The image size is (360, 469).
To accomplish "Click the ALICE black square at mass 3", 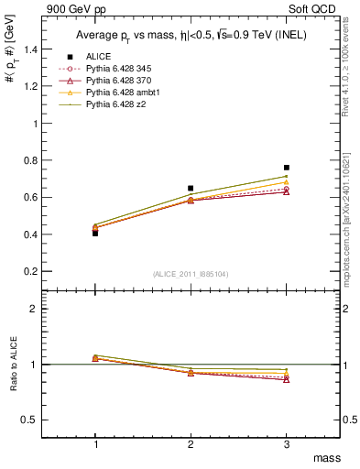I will tap(287, 168).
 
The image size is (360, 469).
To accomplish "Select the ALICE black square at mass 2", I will tap(191, 188).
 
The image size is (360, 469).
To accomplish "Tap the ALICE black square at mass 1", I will tap(95, 234).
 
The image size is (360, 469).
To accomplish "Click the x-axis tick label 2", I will tap(191, 443).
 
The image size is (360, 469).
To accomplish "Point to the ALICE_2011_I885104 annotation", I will tap(191, 274).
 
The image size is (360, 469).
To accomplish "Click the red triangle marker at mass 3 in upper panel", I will tap(287, 191).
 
